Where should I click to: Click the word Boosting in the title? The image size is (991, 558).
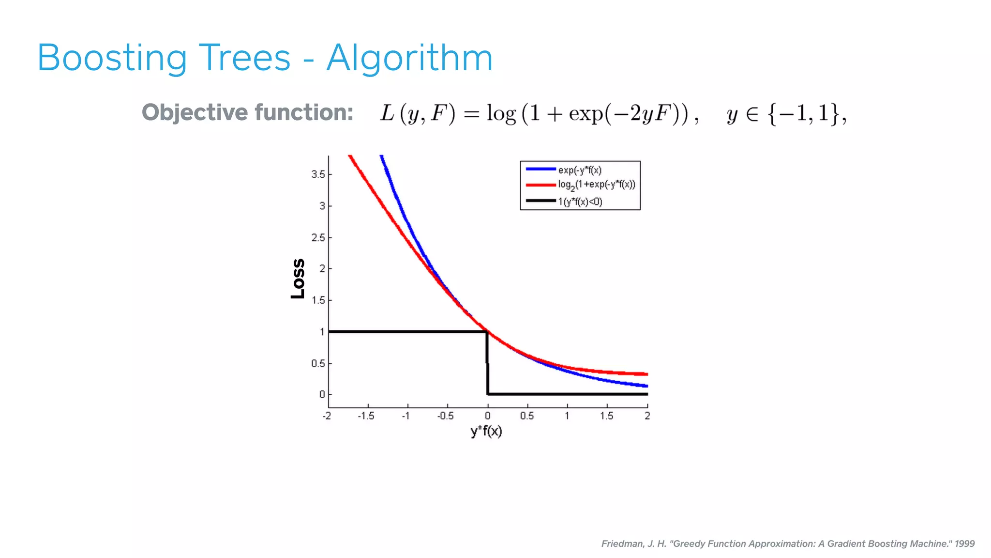coord(112,58)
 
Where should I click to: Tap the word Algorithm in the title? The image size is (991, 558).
coord(409,58)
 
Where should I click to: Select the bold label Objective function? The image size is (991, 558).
coord(247,112)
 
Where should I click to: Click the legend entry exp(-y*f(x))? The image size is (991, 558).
coord(579,170)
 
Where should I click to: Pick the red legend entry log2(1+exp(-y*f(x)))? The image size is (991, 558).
coord(596,185)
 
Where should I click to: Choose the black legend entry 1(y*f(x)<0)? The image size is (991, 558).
coord(580,201)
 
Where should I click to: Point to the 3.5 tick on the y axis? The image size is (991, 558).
coord(318,174)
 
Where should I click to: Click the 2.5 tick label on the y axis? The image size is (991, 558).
coord(318,238)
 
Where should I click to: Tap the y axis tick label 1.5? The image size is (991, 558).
coord(318,300)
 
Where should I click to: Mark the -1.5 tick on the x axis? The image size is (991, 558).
coord(366,416)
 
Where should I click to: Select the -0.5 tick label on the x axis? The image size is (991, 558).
coord(446,416)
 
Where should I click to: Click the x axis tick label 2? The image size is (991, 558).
coord(647,416)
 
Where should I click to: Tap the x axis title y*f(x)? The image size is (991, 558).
coord(486,431)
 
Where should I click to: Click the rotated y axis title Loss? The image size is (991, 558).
coord(298,279)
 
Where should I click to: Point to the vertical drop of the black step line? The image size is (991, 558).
coord(487,363)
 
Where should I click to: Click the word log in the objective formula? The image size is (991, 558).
coord(501,114)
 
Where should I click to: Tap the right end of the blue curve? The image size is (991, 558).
coord(646,386)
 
